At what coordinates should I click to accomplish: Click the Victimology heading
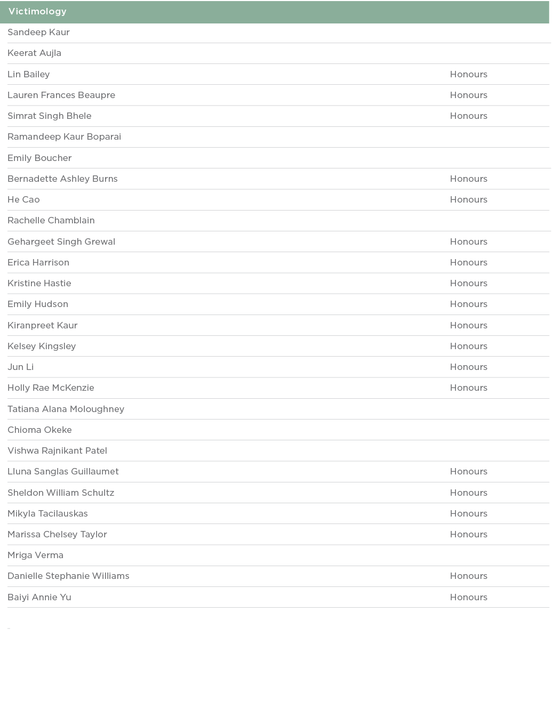tap(37, 12)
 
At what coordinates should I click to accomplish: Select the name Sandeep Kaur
tap(38, 33)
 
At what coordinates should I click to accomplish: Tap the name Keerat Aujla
tap(34, 53)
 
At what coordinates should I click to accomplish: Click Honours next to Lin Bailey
tap(468, 75)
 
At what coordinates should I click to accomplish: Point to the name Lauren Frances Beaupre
tap(61, 95)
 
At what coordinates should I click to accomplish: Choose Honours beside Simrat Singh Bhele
tap(468, 116)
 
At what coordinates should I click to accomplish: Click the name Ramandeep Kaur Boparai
tap(64, 137)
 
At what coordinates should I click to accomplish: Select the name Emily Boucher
tap(39, 158)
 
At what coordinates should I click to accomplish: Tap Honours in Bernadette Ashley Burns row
tap(468, 179)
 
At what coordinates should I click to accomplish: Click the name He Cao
tap(23, 200)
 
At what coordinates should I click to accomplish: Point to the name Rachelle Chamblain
tap(51, 221)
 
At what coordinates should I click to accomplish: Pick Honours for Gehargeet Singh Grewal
tap(468, 242)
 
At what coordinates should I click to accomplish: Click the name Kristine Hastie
tap(39, 284)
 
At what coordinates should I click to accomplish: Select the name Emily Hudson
tap(38, 304)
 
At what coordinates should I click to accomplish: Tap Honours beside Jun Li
tap(468, 367)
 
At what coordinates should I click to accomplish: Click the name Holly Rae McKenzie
tap(51, 388)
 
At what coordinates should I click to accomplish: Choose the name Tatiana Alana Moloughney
tap(66, 409)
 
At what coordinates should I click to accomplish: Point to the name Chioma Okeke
tap(39, 430)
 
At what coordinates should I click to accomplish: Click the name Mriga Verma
tap(35, 555)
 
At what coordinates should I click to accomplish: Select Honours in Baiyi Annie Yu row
tap(468, 598)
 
